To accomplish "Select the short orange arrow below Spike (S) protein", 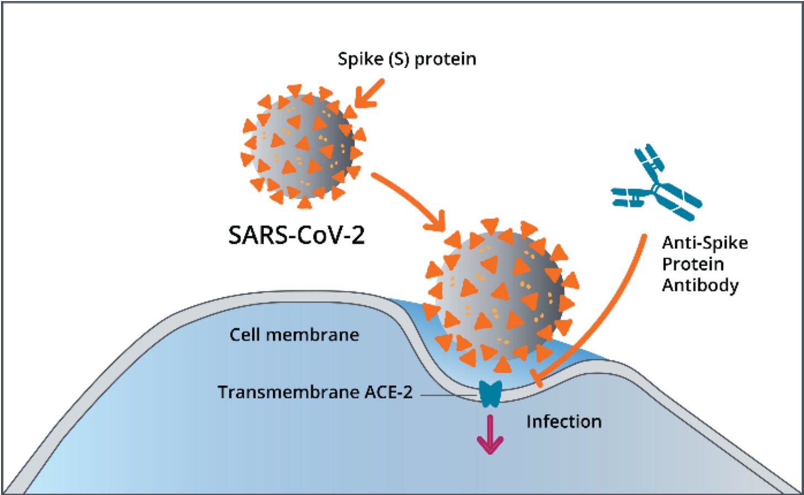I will tap(369, 93).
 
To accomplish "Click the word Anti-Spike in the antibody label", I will tap(705, 243).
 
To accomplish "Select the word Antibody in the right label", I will tap(700, 285).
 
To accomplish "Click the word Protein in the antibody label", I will tap(692, 264).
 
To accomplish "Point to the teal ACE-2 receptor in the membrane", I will tap(490, 393).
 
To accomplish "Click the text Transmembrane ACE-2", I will tap(315, 392).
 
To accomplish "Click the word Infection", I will tap(563, 422).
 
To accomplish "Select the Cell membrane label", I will tap(294, 334).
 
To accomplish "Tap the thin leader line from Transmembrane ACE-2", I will tap(447, 395).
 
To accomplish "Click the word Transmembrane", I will tap(289, 392).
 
